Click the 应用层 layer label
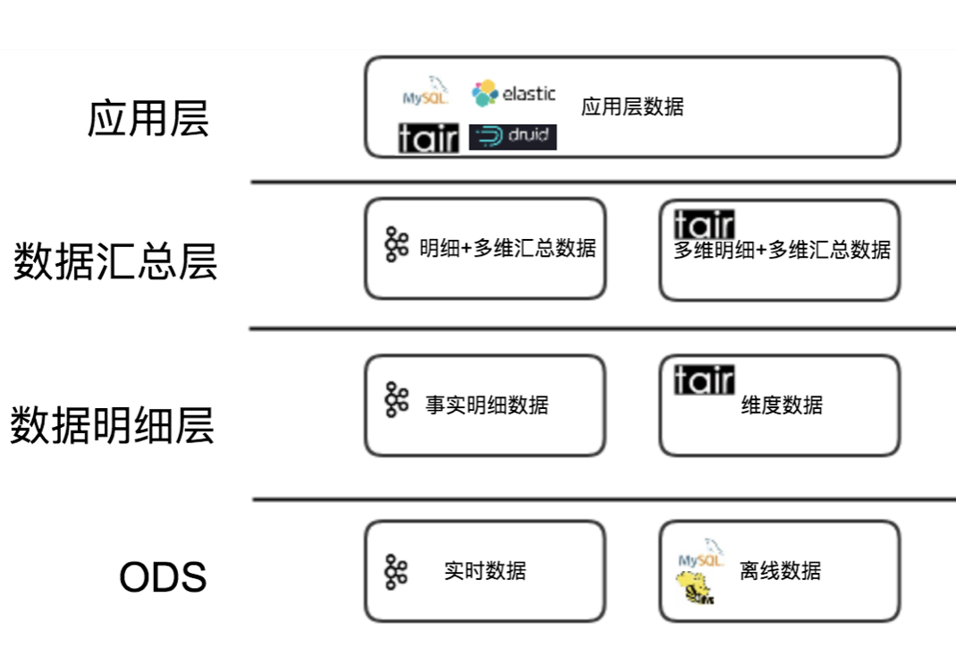point(148,118)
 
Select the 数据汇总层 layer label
point(115,261)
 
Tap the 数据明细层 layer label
point(112,424)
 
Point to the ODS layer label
point(163,576)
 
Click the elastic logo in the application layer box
point(513,93)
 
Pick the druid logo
point(512,137)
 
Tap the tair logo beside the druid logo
point(428,138)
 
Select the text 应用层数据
point(632,107)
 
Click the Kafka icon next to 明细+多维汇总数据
point(396,244)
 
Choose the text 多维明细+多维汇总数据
point(783,250)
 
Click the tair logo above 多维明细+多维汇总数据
point(704,225)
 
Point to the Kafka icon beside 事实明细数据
point(396,400)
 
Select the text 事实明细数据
point(487,405)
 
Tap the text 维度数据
point(782,405)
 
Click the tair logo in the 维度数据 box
point(704,380)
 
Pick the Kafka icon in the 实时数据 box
point(396,572)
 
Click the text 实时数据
point(485,570)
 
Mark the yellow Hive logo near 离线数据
point(696,587)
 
